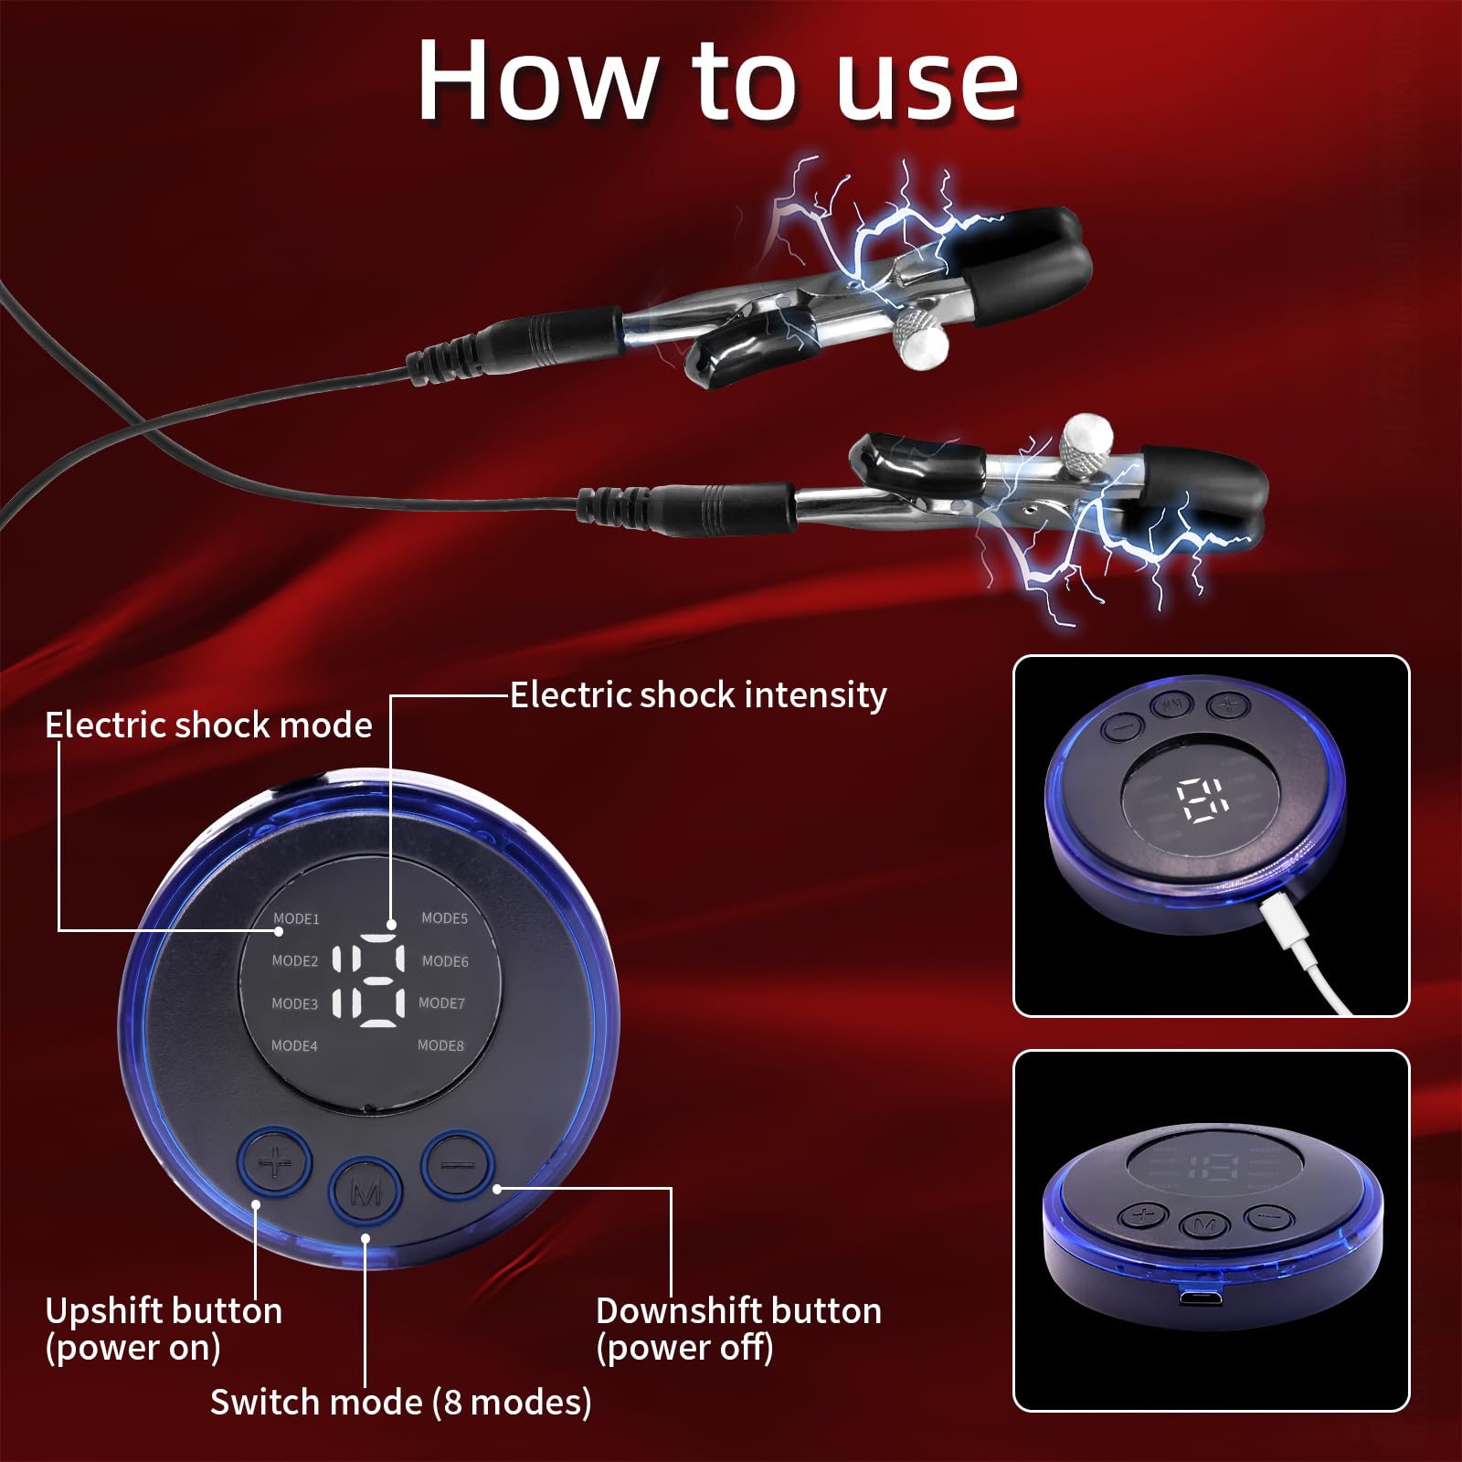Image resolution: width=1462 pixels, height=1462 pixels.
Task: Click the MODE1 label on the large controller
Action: pos(296,918)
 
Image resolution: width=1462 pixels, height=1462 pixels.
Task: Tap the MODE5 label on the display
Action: pos(444,917)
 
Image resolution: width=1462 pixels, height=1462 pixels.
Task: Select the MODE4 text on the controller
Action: pos(294,1045)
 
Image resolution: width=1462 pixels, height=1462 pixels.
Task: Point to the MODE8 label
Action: pos(440,1044)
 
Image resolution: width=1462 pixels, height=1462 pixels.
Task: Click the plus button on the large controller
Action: pos(274,1163)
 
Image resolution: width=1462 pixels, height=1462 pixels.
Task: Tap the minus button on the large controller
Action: pos(458,1163)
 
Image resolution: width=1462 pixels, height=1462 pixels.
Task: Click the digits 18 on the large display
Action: pos(368,980)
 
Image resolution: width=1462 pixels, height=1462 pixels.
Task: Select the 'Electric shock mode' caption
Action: pos(208,726)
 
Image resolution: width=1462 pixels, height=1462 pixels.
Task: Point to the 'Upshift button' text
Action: pos(164,1311)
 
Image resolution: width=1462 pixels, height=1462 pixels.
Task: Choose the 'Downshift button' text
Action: pos(738,1311)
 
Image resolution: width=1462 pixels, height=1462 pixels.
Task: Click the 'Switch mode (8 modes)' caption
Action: pos(400,1402)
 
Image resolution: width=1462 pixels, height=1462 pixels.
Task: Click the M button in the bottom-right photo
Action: pos(1203,1224)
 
